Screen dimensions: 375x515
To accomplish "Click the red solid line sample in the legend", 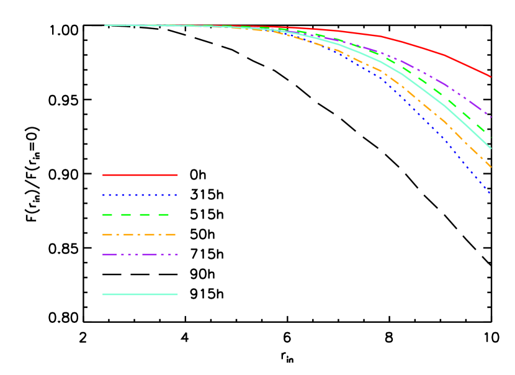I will [140, 175].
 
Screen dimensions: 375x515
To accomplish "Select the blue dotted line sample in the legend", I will [140, 195].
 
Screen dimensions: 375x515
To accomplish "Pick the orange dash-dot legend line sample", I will [140, 235].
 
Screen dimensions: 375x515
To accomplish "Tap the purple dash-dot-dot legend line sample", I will [140, 255].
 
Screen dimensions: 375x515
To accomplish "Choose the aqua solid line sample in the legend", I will [140, 294].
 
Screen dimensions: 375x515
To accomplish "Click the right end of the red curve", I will [490, 76].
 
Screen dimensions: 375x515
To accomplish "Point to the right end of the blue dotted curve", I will [490, 193].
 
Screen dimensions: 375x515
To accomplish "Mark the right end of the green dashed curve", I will [490, 137].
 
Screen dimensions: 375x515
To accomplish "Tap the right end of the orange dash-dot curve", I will [490, 166].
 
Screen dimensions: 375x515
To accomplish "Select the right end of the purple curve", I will [490, 117].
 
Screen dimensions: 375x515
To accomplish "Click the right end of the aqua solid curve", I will [490, 148].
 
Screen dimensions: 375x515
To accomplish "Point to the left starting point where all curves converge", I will [105, 25].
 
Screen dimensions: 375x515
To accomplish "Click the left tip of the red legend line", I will [104, 175].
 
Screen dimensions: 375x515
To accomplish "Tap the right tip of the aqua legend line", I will [177, 294].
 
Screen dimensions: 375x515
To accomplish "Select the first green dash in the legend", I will [107, 215].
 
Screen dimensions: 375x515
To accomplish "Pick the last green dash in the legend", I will [164, 215].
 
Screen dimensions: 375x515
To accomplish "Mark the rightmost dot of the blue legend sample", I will [176, 195].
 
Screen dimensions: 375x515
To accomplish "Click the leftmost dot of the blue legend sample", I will [104, 195].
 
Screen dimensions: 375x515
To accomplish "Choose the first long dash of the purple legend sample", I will [109, 255].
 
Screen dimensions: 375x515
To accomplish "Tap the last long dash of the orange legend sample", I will [170, 235].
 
